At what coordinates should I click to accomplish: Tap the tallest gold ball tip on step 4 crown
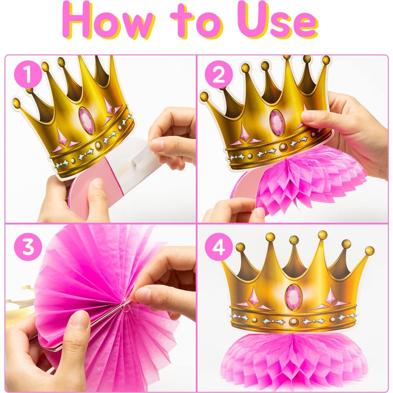point(322,234)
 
